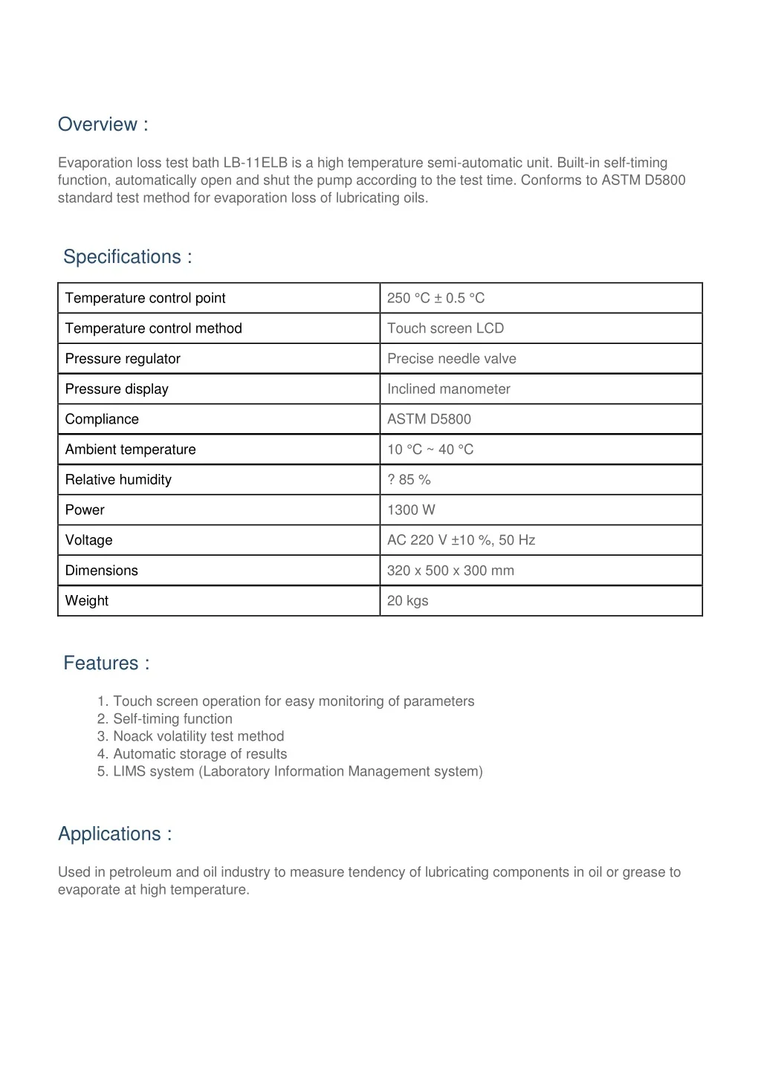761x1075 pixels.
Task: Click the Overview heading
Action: tap(103, 125)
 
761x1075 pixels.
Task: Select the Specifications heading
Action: tap(127, 257)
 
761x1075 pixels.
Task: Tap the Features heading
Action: tap(106, 663)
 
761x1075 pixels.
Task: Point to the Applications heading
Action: tap(114, 834)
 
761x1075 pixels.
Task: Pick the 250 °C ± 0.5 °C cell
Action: tap(435, 299)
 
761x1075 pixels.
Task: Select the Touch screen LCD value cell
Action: tap(445, 328)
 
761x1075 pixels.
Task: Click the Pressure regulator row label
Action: tap(123, 359)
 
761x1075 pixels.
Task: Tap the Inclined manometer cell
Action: tap(448, 389)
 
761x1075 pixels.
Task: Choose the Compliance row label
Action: tap(102, 420)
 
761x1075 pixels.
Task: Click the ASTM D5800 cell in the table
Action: tap(429, 420)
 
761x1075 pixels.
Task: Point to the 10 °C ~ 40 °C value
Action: tap(430, 450)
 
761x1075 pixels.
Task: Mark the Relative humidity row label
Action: tap(118, 480)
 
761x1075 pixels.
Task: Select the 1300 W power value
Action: tap(411, 510)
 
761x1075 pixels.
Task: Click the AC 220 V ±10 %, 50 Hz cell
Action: tap(461, 541)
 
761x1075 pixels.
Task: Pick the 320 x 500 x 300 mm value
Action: tap(450, 571)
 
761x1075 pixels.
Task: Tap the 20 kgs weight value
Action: tap(407, 601)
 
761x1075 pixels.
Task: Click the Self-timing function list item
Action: tap(172, 719)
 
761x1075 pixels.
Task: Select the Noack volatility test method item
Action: tap(198, 737)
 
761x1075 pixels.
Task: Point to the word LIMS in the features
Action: tap(129, 772)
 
